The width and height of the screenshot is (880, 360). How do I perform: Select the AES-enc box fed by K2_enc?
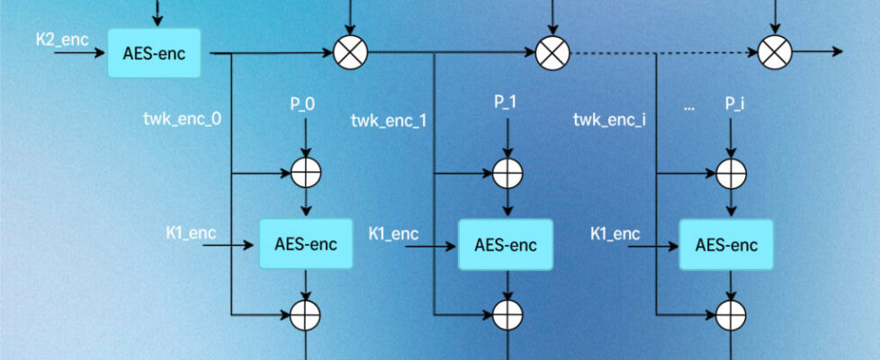pos(154,53)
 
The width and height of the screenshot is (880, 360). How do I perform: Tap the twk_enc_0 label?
pos(183,119)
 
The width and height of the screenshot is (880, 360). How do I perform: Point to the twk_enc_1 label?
pos(389,119)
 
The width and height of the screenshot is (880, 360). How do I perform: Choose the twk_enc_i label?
pos(609,119)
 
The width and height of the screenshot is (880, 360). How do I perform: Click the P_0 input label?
pos(302,103)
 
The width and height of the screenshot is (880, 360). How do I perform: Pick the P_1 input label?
pos(505,103)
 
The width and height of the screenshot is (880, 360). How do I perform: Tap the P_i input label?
pos(735,103)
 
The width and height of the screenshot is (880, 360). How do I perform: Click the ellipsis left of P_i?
pos(689,105)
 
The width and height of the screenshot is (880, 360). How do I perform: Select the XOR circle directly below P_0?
pos(306,171)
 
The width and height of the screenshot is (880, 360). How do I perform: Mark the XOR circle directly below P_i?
pos(732,171)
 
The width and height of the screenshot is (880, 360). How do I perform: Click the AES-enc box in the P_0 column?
pos(306,243)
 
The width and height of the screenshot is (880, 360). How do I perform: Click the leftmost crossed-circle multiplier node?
pos(349,53)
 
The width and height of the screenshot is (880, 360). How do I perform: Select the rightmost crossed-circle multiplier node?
pos(773,53)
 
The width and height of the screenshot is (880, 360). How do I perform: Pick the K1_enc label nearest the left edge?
pos(191,233)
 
